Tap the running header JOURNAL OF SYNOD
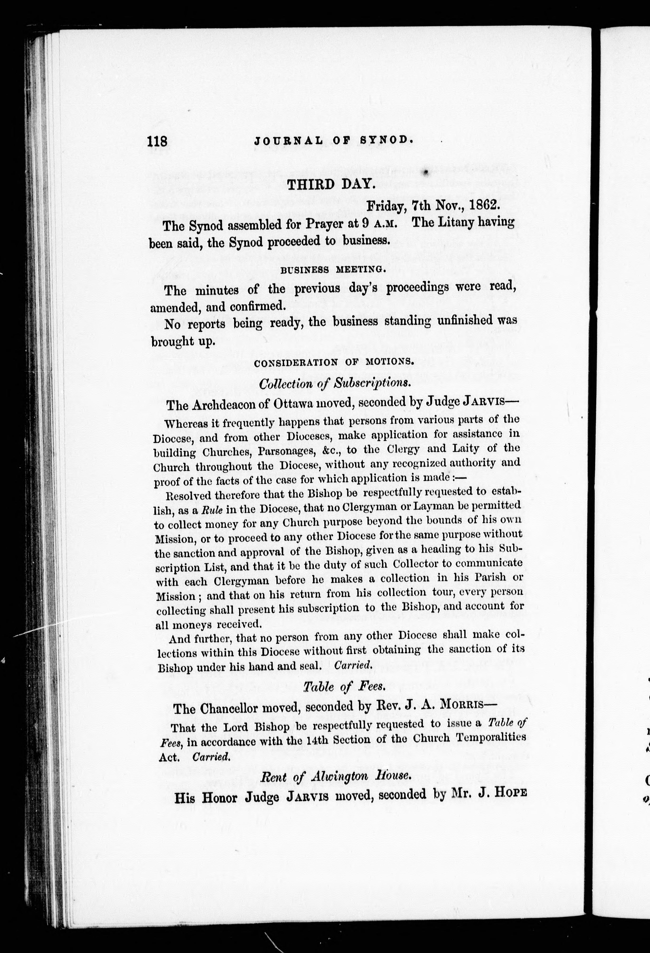(332, 141)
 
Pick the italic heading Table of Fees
(344, 686)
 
